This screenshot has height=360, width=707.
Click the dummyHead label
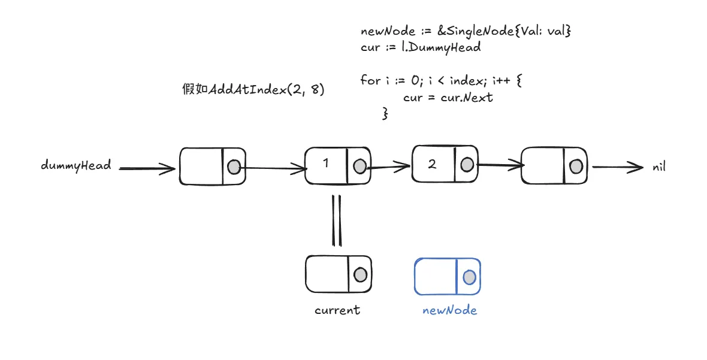point(76,165)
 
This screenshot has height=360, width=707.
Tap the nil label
point(659,167)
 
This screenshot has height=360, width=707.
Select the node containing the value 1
point(337,165)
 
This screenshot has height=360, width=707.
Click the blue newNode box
point(447,276)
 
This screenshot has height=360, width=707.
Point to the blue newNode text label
point(449,310)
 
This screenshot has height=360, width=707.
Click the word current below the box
point(337,310)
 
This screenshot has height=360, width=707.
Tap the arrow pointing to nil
point(617,167)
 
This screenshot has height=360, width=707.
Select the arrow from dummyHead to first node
point(147,169)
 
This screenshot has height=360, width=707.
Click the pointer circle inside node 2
point(467,164)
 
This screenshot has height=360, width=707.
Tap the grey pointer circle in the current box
point(360,274)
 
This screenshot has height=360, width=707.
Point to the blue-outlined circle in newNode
point(469,277)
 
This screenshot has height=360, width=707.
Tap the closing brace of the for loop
point(385,113)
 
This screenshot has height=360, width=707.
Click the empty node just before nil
point(554,166)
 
